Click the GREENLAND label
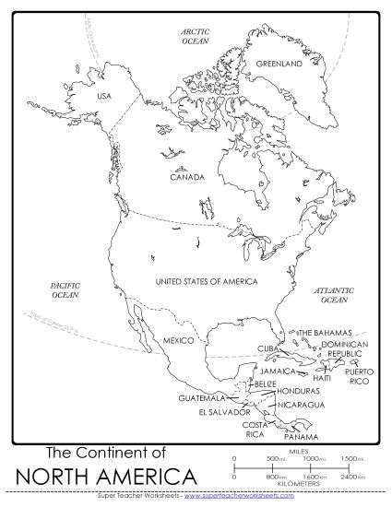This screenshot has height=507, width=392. (279, 65)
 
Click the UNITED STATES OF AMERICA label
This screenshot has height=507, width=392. (206, 280)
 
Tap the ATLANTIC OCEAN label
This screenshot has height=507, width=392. (333, 295)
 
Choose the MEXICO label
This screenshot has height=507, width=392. (177, 340)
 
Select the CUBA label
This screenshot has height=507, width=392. (267, 348)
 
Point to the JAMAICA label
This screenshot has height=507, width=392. (281, 371)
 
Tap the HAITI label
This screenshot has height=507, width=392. (322, 378)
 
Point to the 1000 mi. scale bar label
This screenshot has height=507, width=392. (315, 458)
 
